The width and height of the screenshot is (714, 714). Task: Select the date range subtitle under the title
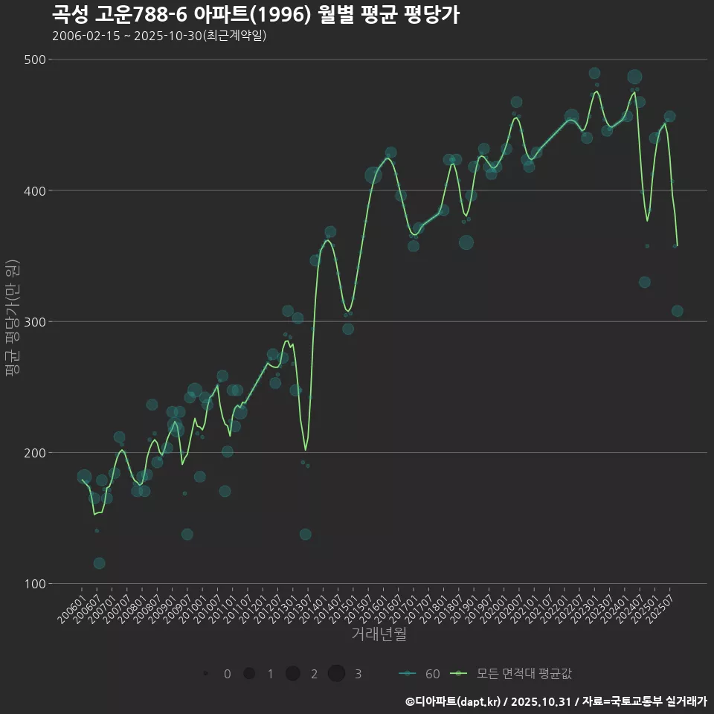tap(159, 36)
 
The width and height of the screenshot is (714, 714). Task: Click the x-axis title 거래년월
tap(379, 634)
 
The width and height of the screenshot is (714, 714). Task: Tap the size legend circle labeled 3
tap(336, 673)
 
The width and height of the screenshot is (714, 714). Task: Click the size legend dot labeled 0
tap(205, 673)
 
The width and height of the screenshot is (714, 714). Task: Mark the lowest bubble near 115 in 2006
tap(99, 563)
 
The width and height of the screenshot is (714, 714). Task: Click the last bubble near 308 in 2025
tap(677, 311)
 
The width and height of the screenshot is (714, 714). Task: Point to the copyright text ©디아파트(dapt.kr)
tap(453, 701)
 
